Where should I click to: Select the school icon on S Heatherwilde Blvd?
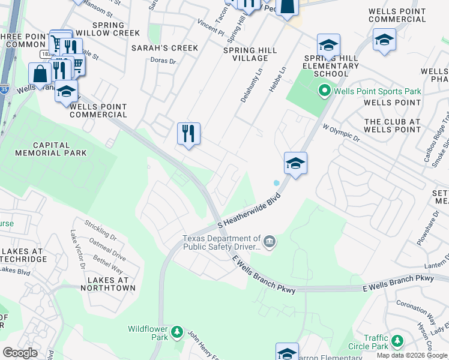295,163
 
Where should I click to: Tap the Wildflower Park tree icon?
176,332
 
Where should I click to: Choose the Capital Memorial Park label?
52,149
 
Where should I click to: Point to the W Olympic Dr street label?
340,133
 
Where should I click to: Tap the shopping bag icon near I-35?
40,74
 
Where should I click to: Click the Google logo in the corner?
20,353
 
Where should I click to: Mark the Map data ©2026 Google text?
411,355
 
